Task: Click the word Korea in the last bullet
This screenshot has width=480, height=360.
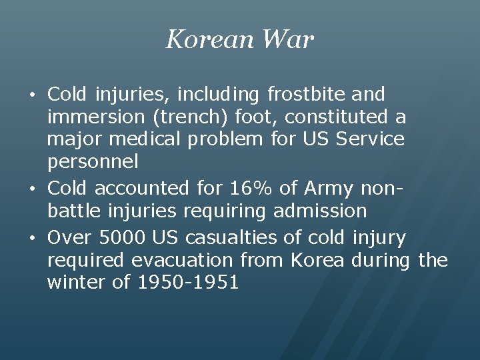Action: pyautogui.click(x=316, y=260)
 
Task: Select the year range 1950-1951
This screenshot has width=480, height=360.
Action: pyautogui.click(x=188, y=283)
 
